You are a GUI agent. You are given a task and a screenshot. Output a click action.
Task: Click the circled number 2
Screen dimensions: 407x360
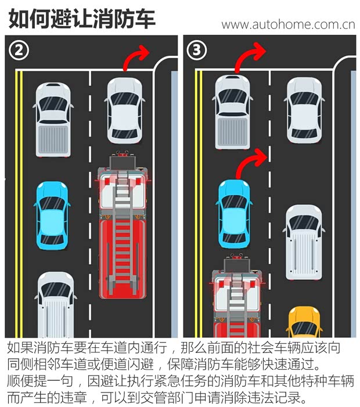19,51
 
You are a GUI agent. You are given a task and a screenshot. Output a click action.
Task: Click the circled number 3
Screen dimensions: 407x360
197,51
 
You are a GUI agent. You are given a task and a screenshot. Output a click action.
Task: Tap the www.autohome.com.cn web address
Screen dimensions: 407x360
288,24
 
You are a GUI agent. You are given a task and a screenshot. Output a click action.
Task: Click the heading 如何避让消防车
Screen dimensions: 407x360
82,19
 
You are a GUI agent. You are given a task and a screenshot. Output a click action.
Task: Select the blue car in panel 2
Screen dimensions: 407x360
52,215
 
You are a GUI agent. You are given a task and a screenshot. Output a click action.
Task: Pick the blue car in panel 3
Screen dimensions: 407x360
234,213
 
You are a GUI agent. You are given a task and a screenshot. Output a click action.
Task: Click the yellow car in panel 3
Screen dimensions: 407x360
304,323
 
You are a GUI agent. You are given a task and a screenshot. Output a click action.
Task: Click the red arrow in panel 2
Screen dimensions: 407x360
137,60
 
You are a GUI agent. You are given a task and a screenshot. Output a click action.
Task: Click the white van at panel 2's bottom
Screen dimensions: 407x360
56,305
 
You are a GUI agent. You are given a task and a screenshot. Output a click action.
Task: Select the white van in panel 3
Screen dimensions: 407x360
304,241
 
